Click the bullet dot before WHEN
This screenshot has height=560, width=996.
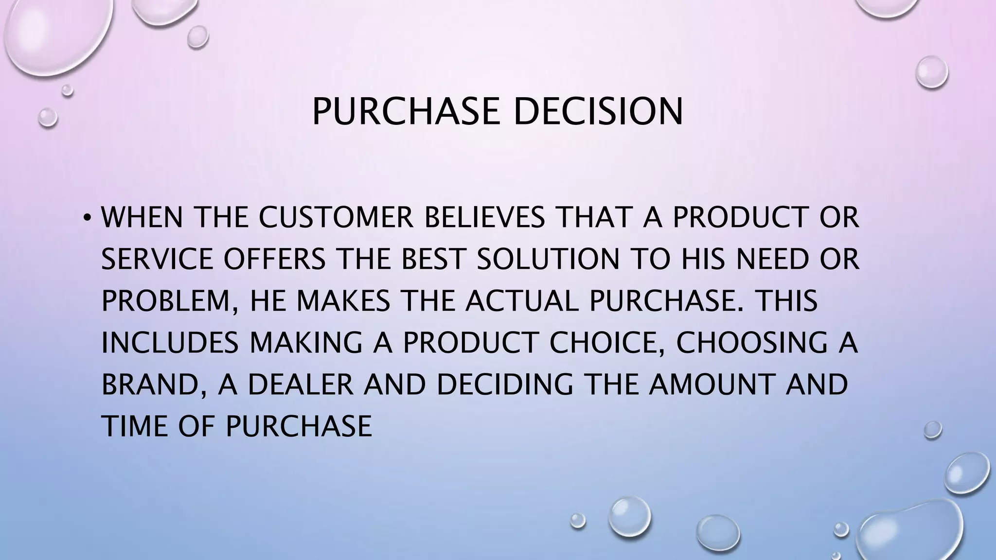87,217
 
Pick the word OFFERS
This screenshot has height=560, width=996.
275,259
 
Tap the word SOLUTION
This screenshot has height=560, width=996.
548,259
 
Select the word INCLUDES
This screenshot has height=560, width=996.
170,343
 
